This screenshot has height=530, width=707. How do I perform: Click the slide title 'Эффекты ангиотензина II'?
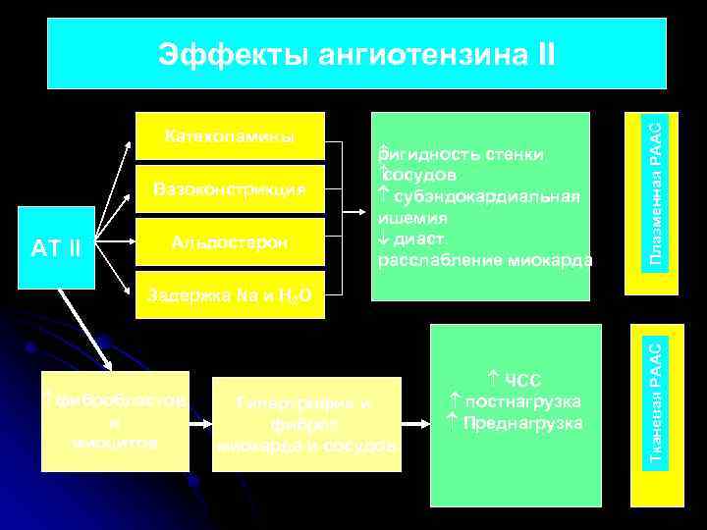356,55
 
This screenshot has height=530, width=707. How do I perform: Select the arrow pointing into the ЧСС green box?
417,423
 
